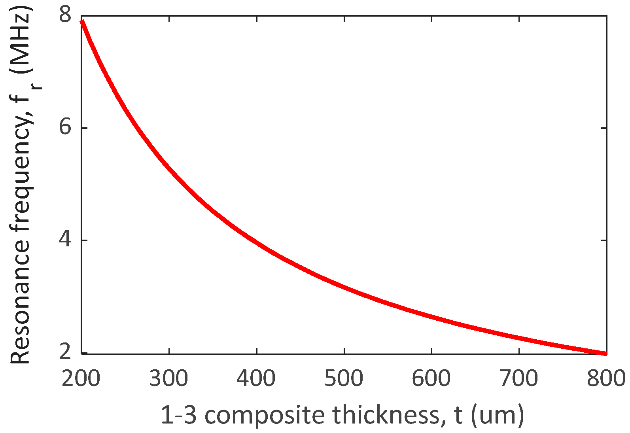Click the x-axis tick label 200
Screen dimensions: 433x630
81,378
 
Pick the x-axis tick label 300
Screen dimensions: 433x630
169,378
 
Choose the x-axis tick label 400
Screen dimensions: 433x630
256,378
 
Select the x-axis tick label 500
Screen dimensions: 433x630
344,378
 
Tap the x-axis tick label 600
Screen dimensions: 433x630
431,378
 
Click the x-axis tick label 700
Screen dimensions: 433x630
518,378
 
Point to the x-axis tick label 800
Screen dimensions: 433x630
605,378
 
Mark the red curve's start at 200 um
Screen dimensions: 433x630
82,21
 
